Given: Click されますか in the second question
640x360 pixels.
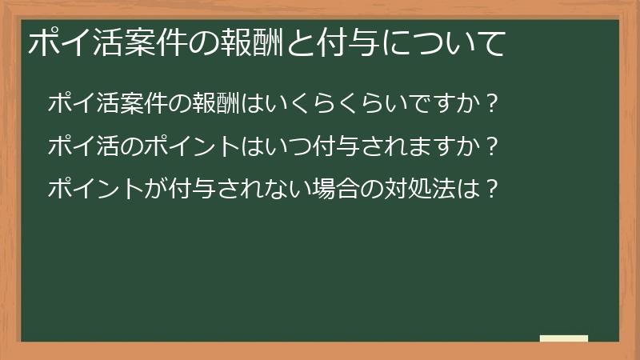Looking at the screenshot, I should tap(408, 147).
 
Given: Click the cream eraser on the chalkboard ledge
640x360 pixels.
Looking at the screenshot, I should tap(564, 338).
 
